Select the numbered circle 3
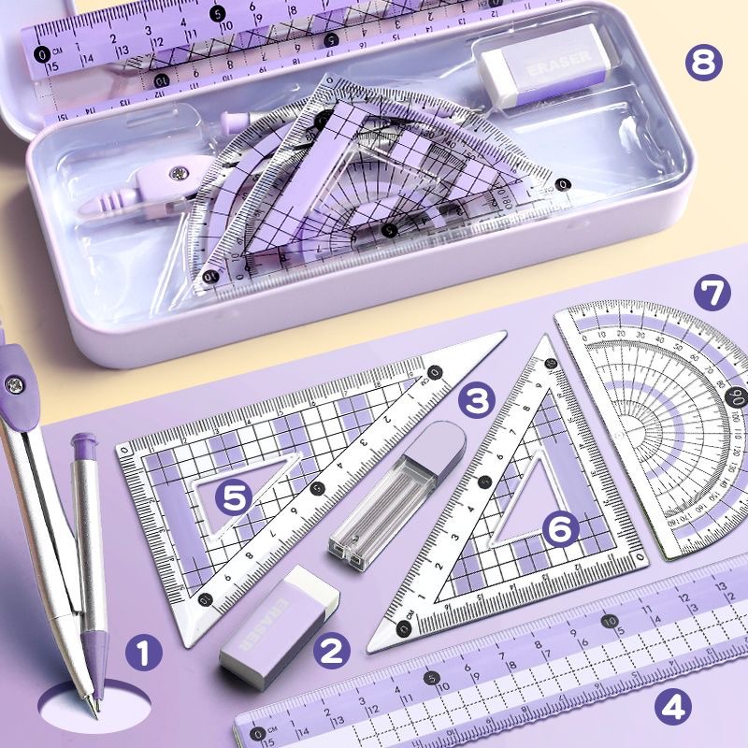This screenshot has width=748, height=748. point(476,400)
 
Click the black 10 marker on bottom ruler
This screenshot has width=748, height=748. point(610,620)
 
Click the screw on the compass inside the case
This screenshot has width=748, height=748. point(176,169)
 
